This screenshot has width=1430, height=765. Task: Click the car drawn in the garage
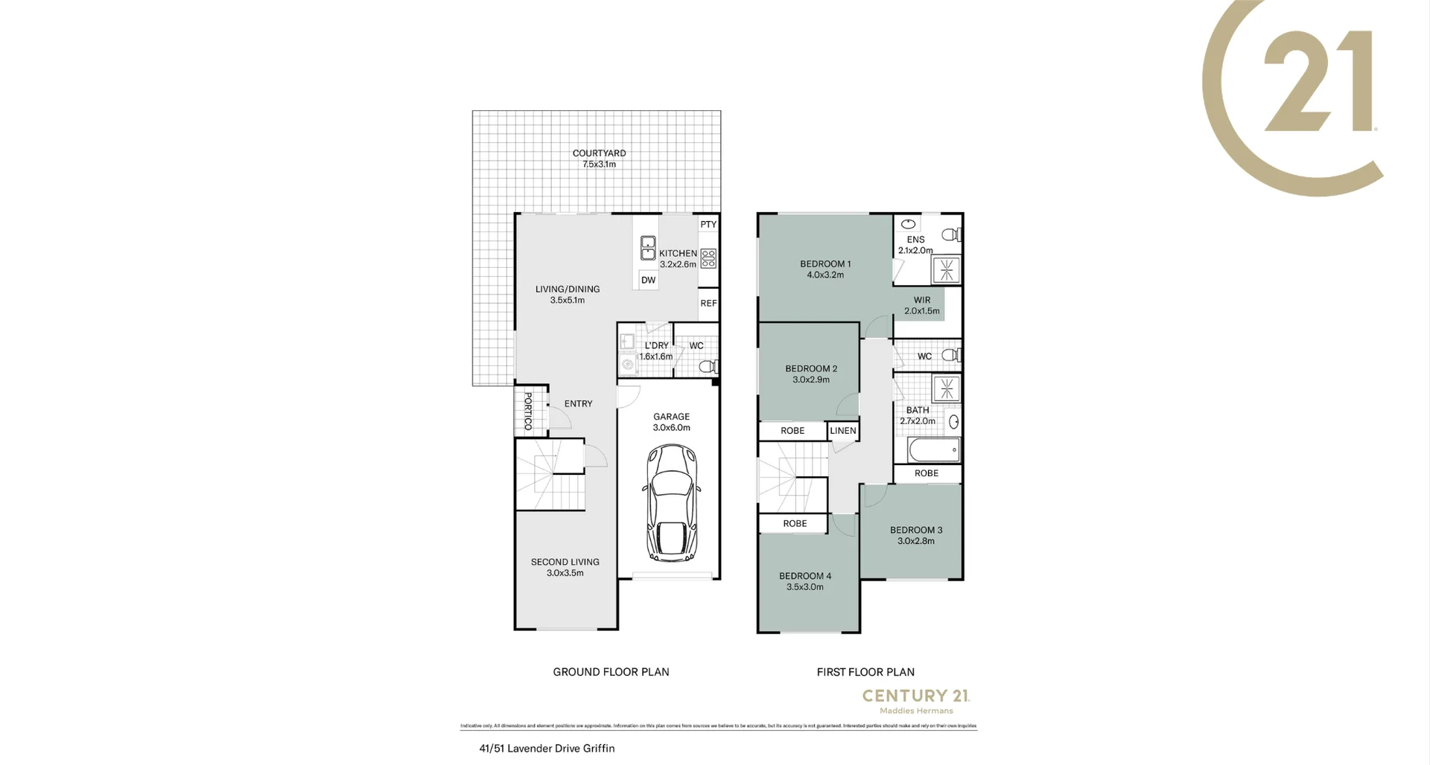[x=672, y=503]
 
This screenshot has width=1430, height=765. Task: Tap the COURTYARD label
[x=599, y=153]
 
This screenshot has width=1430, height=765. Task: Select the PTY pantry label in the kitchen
[x=708, y=224]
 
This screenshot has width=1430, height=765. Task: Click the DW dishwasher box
[x=648, y=280]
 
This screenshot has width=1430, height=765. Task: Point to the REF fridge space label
[x=708, y=303]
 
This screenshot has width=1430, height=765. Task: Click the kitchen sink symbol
[x=648, y=247]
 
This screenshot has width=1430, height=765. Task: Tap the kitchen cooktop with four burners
[x=708, y=258]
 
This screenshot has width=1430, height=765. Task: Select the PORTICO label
[x=528, y=411]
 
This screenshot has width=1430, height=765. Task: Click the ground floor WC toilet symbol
[x=708, y=365]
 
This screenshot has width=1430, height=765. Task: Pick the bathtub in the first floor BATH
[x=933, y=449]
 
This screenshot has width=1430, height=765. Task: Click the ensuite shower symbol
[x=946, y=270]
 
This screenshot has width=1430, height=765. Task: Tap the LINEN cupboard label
[x=843, y=430]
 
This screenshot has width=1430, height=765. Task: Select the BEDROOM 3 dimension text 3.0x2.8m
[x=915, y=541]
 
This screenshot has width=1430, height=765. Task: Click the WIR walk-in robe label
[x=921, y=300]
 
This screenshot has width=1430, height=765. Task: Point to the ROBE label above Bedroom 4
[x=795, y=523]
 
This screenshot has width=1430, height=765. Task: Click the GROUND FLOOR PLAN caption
[x=611, y=671]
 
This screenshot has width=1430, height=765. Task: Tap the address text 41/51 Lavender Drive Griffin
[x=547, y=748]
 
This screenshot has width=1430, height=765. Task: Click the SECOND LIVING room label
[x=565, y=562]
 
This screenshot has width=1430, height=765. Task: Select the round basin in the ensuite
[x=909, y=223]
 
